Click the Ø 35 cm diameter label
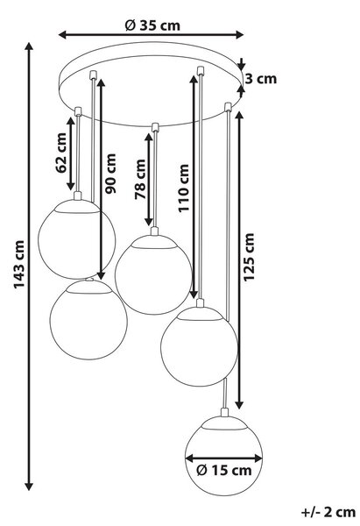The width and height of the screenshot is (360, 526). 152,25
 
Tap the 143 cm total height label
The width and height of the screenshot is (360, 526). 18,265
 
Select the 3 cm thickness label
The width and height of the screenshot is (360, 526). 261,79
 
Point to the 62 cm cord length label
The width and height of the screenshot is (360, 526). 61,153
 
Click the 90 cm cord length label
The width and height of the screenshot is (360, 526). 110,174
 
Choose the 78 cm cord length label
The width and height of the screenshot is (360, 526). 140,180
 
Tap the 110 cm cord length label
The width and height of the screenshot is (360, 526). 183,188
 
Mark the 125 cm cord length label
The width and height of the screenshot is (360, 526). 249,257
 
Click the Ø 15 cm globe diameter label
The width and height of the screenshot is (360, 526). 224,471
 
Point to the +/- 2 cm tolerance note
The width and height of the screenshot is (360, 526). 328,513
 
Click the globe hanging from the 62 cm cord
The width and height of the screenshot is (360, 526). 77,239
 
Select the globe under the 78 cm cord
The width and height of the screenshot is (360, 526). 153,274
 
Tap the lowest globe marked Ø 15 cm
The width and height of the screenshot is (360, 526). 223,456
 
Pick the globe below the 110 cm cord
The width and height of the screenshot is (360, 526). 199,346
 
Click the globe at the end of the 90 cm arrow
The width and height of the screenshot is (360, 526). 88,320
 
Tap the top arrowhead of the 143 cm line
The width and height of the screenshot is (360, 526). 29,46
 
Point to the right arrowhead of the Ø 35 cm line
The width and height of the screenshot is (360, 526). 239,34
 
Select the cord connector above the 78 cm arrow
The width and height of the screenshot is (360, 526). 155,127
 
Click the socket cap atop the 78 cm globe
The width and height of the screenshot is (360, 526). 154,231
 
